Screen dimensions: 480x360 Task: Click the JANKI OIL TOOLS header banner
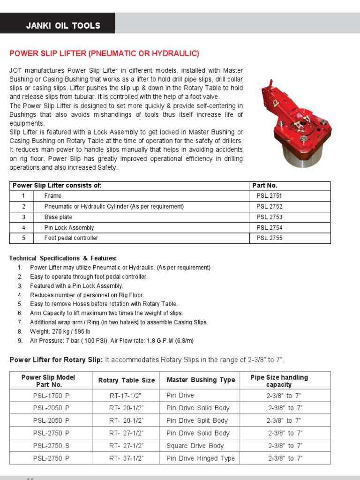(63, 26)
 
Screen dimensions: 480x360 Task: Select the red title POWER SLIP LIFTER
(104, 53)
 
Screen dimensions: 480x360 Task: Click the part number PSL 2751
(269, 196)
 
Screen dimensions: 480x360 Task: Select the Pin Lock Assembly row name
(69, 228)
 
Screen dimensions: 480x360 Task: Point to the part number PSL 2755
(269, 238)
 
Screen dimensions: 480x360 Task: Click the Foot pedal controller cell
(71, 238)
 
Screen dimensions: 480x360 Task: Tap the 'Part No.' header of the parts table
(265, 186)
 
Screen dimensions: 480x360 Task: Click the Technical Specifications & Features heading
(63, 258)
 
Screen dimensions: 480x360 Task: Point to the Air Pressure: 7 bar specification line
(112, 341)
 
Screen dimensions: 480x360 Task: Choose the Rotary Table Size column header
(126, 380)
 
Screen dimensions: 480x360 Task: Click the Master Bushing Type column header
(201, 380)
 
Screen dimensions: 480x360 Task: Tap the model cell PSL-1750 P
(51, 396)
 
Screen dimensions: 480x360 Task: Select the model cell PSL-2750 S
(51, 446)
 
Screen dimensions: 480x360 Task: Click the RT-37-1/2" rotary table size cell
(126, 458)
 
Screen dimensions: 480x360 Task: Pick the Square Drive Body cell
(195, 446)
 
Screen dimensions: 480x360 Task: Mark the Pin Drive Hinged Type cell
(201, 458)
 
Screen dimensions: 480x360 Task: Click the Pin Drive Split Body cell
(197, 420)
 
